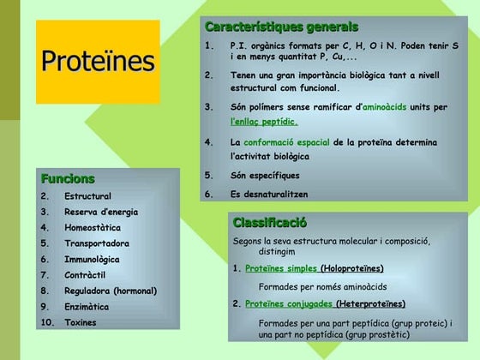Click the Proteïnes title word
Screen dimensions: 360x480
tap(99, 61)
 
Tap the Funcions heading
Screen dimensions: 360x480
tap(68, 179)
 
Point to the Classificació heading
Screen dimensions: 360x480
tap(270, 223)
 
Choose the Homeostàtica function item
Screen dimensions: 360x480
tap(93, 228)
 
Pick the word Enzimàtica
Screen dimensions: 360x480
tap(87, 306)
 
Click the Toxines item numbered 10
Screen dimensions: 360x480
tap(81, 322)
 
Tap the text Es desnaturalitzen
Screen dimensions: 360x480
tap(269, 194)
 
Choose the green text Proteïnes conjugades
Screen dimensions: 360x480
tap(288, 303)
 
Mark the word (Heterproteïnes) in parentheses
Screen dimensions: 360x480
tap(371, 303)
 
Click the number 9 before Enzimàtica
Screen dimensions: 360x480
tap(44, 306)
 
